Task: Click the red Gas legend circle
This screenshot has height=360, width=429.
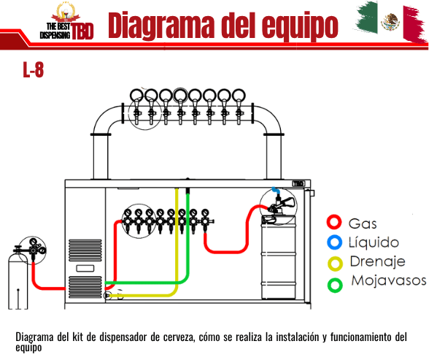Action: click(334, 215)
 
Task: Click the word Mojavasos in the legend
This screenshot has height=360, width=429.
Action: click(389, 280)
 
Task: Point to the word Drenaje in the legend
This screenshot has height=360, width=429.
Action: click(378, 261)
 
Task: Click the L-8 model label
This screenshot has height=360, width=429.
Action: click(33, 69)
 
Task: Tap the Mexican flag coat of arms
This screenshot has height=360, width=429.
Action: click(390, 22)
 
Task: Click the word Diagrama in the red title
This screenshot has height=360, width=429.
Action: click(161, 26)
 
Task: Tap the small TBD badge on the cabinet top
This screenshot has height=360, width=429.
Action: click(298, 183)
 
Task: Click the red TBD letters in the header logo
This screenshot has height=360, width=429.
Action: click(82, 31)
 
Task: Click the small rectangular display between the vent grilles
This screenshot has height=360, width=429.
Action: click(85, 268)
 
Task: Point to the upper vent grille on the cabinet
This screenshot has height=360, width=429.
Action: click(85, 250)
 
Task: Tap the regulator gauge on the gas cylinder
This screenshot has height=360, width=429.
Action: click(34, 242)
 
